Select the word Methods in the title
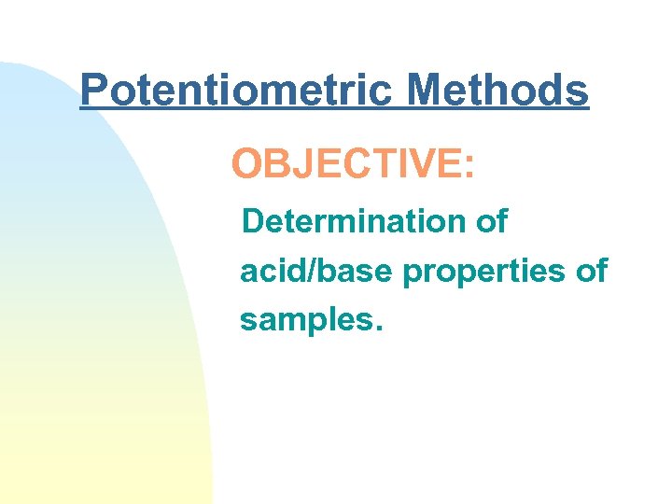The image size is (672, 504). pos(498,91)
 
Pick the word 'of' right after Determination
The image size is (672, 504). pos(490,221)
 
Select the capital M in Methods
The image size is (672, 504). pos(427,91)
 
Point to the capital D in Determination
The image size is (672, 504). pos(253,221)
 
